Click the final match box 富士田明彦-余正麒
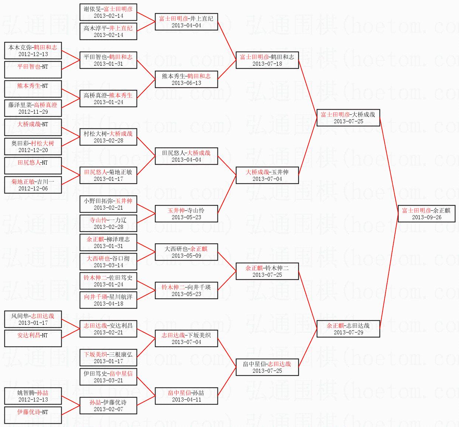click(x=426, y=213)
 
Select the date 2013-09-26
click(x=426, y=217)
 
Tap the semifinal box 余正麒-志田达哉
click(x=348, y=328)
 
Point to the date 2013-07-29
click(x=348, y=333)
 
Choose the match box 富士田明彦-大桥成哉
click(x=348, y=117)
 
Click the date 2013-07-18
click(x=267, y=64)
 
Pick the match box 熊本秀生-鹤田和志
click(x=186, y=79)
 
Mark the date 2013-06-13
click(x=186, y=83)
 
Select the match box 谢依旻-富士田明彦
click(x=108, y=12)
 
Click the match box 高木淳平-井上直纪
click(x=108, y=31)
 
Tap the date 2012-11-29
click(x=33, y=112)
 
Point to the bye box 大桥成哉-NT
click(x=33, y=127)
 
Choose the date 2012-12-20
click(x=33, y=150)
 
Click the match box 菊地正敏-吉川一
click(x=33, y=185)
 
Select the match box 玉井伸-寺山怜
click(x=186, y=213)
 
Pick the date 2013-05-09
click(x=186, y=256)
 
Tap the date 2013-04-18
click(x=108, y=304)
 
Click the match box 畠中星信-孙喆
click(x=186, y=396)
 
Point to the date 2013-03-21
click(x=108, y=380)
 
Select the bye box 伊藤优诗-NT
click(x=33, y=415)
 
